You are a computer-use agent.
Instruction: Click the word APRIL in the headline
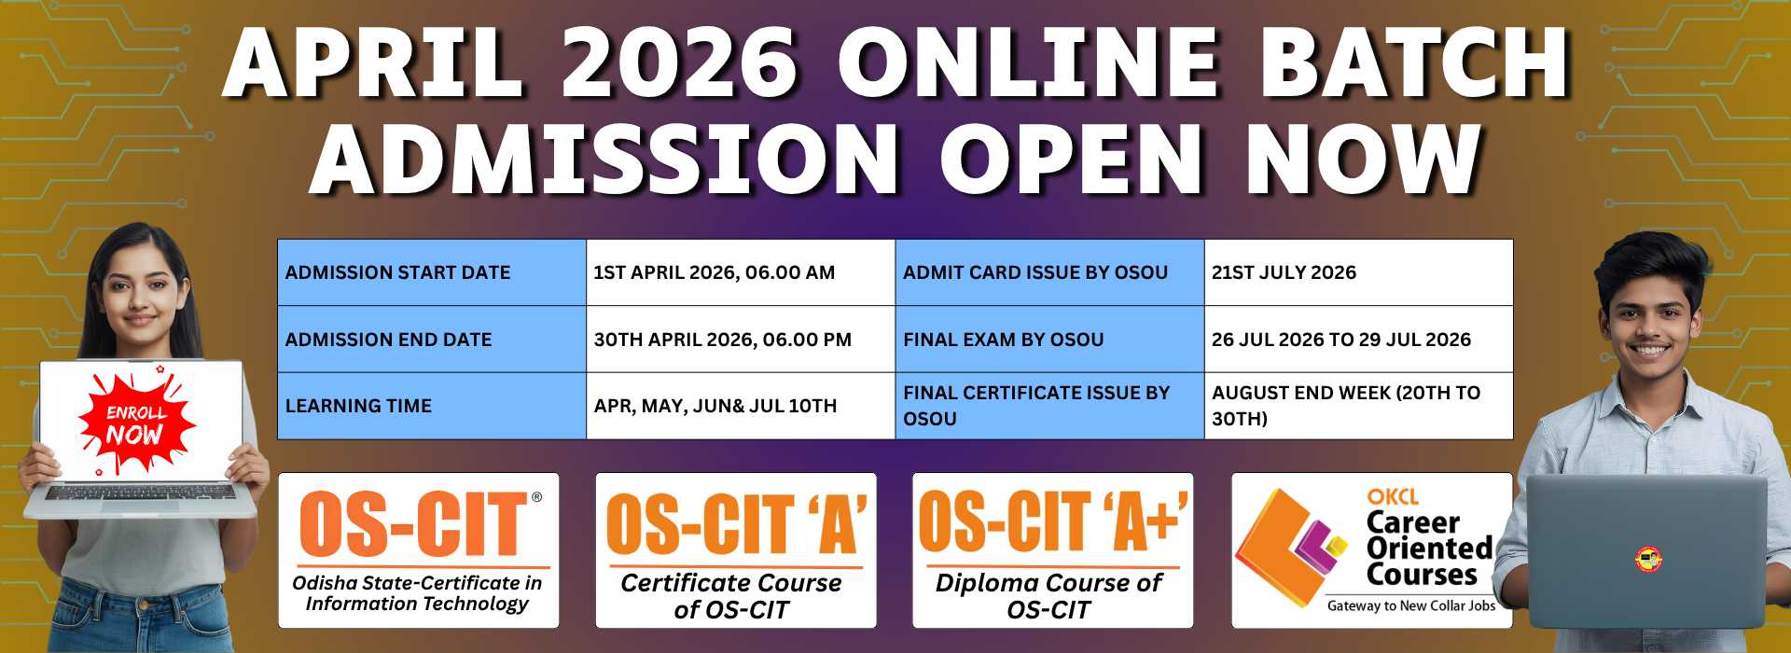(x=373, y=63)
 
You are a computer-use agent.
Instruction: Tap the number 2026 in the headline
(x=679, y=63)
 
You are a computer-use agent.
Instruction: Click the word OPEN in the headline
(x=1071, y=158)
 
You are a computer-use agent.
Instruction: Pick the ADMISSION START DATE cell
(x=432, y=272)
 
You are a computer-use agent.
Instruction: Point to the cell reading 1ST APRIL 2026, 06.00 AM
(x=741, y=272)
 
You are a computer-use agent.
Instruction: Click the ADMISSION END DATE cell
(x=432, y=340)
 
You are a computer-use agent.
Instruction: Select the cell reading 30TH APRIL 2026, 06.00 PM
(x=741, y=340)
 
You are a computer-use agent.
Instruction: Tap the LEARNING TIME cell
(x=432, y=406)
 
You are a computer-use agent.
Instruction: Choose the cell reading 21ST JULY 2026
(x=1358, y=272)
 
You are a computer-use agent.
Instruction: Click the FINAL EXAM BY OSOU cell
(x=1050, y=340)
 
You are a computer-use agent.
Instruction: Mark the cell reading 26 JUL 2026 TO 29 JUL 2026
(x=1358, y=340)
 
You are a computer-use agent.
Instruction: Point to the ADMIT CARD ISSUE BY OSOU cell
(x=1050, y=272)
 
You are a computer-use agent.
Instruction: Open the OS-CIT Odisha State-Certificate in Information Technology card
(x=419, y=550)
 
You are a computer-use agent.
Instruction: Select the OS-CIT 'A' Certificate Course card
(x=736, y=550)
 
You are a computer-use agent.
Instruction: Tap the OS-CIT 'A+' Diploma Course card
(x=1053, y=550)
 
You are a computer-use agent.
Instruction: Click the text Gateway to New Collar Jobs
(x=1411, y=606)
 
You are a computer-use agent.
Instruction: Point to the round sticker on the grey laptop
(x=1649, y=560)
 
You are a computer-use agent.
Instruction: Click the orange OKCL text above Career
(x=1393, y=497)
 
